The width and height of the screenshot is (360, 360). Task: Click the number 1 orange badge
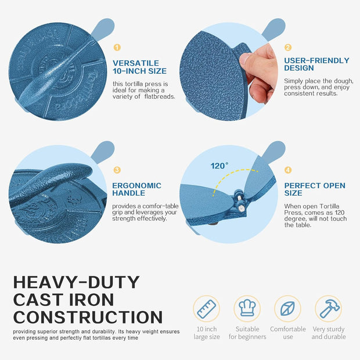pos(117,48)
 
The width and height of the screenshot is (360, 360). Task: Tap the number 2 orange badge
pos(288,48)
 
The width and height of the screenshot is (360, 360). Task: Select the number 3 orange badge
pos(117,170)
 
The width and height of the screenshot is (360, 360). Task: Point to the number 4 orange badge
pos(288,170)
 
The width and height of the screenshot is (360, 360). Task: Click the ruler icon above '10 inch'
pos(206,309)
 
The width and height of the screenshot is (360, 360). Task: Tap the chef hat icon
pos(247,308)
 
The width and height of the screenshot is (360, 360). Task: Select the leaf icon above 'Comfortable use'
pos(287,308)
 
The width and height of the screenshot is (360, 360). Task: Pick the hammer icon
pos(329,308)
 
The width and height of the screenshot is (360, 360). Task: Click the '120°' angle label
pos(219,165)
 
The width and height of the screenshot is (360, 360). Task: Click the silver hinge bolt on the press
pos(242,208)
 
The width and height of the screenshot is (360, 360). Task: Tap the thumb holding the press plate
pos(247,61)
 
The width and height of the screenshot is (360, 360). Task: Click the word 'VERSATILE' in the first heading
pos(136,63)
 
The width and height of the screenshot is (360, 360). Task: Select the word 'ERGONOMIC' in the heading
pos(137,185)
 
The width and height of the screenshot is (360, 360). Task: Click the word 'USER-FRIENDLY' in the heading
pos(316,60)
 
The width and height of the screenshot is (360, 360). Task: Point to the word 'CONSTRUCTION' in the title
pos(88,317)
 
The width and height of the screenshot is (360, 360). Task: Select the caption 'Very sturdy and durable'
pos(329,333)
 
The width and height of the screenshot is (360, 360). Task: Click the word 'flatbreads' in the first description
pos(160,96)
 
